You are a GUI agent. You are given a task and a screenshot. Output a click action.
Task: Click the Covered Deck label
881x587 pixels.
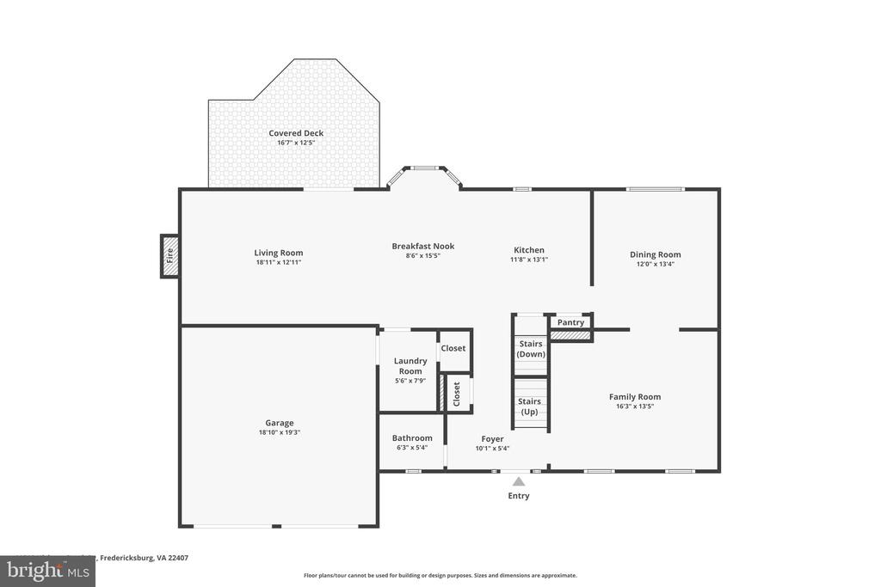(x=296, y=133)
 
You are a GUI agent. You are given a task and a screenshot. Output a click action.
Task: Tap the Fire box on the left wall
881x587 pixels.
(x=169, y=255)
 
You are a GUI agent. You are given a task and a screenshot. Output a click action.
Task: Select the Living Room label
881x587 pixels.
(x=279, y=253)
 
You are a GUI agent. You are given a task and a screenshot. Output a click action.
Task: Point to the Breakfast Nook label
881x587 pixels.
(x=423, y=246)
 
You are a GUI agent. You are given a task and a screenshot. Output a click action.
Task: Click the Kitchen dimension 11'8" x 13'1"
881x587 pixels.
(x=529, y=260)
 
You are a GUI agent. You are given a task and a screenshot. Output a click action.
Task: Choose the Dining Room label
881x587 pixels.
(x=656, y=254)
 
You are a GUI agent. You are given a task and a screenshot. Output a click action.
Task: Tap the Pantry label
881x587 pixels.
(x=570, y=322)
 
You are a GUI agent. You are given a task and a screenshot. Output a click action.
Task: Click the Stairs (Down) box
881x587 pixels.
(x=531, y=348)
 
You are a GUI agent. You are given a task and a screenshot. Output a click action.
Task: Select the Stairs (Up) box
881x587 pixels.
(x=530, y=406)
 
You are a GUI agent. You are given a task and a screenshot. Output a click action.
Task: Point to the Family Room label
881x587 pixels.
(x=635, y=397)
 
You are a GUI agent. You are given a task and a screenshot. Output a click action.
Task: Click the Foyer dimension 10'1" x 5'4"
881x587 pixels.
(x=492, y=448)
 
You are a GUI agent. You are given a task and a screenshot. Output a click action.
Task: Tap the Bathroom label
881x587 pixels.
(x=412, y=438)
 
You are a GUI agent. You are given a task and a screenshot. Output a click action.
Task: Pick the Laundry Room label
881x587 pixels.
(x=410, y=366)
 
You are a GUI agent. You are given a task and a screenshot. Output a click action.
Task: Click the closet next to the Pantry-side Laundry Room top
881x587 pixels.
(x=453, y=348)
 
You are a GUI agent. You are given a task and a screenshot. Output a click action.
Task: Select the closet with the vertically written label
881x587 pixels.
(x=457, y=394)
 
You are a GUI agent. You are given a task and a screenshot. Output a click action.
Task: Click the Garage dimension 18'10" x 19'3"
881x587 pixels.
(x=280, y=432)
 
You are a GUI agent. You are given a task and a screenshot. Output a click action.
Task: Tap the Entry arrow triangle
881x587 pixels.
(x=519, y=482)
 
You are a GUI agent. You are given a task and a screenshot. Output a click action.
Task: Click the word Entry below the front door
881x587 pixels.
(x=519, y=496)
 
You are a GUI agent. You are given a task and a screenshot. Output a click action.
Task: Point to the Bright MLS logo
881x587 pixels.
(x=46, y=571)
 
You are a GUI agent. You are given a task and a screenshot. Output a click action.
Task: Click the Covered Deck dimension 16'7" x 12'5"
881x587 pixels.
(x=296, y=143)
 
